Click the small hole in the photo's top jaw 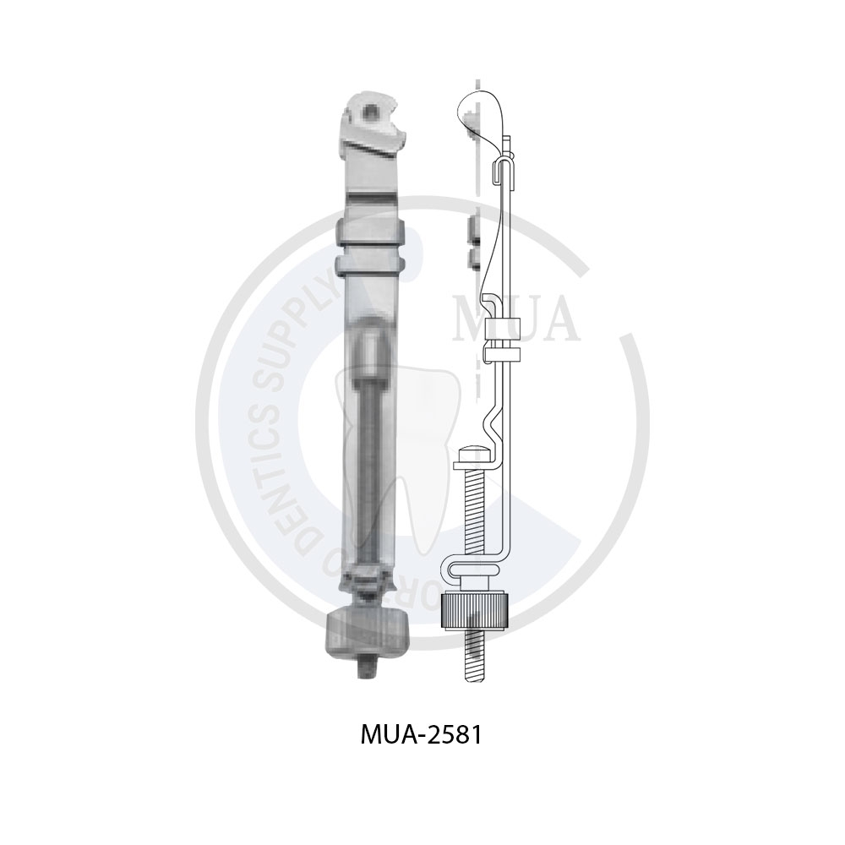tap(368, 108)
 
